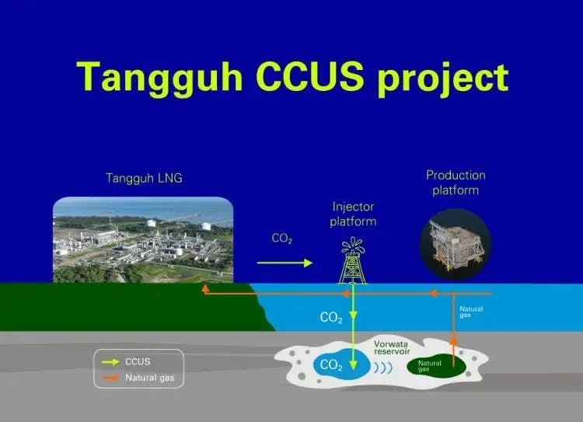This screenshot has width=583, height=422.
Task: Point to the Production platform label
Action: pyautogui.click(x=456, y=183)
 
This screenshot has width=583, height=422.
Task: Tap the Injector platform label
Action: pyautogui.click(x=354, y=214)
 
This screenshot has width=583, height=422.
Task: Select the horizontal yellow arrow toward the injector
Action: pyautogui.click(x=284, y=263)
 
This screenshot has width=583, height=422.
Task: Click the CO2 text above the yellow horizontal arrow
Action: pyautogui.click(x=281, y=239)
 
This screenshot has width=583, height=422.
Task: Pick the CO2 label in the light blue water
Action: pyautogui.click(x=330, y=317)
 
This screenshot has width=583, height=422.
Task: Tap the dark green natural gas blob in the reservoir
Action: pyautogui.click(x=435, y=364)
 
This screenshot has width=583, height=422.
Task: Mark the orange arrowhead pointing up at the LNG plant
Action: pyautogui.click(x=205, y=288)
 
